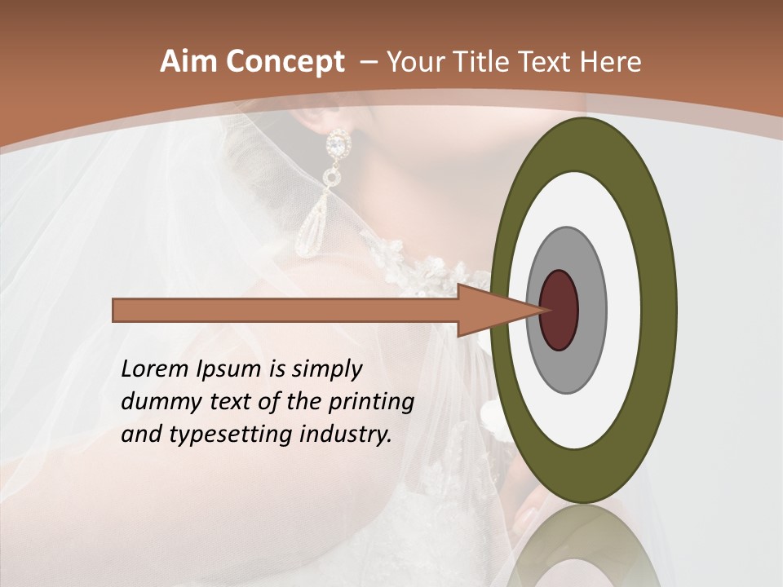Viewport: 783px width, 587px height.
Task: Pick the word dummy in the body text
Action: click(x=155, y=402)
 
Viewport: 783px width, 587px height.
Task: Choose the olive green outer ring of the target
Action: click(x=661, y=310)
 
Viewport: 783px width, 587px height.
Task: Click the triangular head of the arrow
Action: click(x=489, y=310)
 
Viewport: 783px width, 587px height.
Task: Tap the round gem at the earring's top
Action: click(x=336, y=145)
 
